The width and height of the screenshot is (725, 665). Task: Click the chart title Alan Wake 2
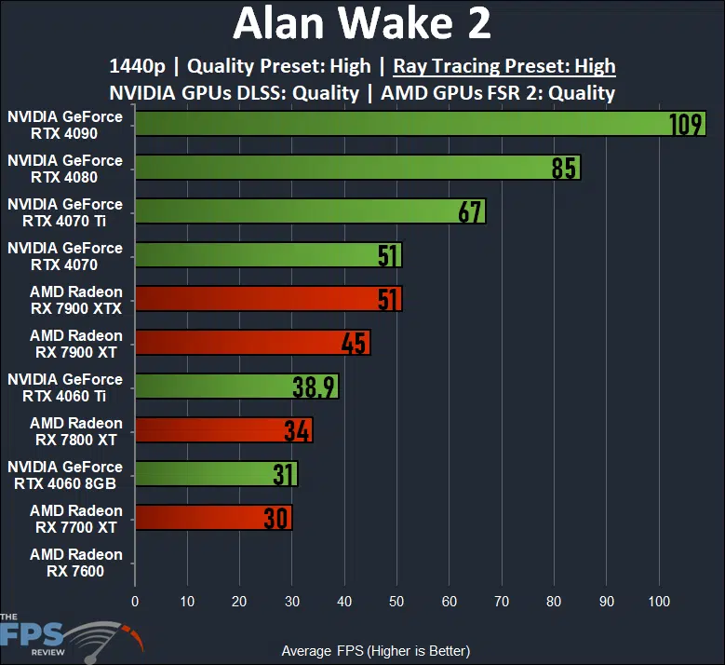[362, 24]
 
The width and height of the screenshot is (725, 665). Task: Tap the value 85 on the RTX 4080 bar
[565, 168]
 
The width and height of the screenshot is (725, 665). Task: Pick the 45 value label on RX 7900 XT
[355, 343]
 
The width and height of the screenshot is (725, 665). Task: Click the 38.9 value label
[315, 387]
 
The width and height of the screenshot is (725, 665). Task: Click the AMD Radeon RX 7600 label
[76, 563]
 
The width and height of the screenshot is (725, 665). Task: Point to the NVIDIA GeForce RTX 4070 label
[65, 256]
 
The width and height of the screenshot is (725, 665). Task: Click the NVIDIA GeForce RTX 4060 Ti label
[65, 387]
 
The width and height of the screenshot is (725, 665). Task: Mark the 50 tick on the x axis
[397, 601]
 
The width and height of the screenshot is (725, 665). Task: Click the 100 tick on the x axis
[659, 601]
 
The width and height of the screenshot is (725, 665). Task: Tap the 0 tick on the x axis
[135, 601]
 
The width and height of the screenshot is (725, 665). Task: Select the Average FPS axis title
[375, 650]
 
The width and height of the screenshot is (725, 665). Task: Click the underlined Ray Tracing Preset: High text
[504, 66]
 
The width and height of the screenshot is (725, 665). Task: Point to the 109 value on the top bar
[686, 124]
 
